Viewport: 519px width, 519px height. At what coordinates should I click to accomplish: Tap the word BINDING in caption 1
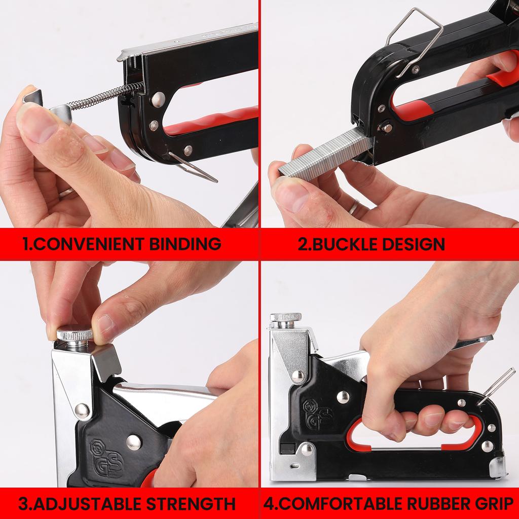(x=186, y=244)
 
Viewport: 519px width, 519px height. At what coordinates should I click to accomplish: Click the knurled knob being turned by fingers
(x=75, y=335)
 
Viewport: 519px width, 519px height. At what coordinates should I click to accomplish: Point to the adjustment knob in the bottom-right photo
(x=285, y=318)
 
